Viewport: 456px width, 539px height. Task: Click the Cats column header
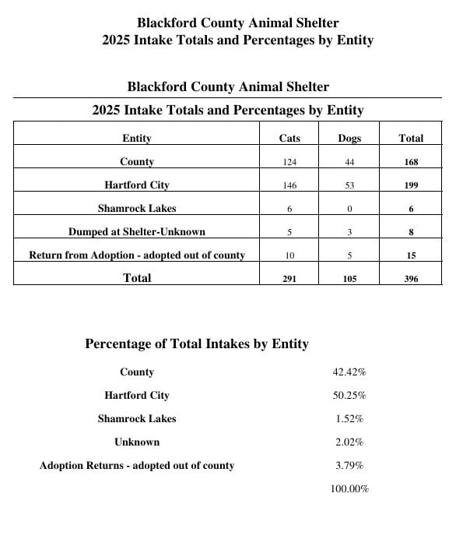click(289, 139)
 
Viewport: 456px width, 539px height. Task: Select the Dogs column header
click(349, 139)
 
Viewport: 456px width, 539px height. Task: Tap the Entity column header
click(137, 139)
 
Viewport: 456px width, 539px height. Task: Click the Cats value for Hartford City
click(289, 185)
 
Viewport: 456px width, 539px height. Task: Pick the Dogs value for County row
click(349, 162)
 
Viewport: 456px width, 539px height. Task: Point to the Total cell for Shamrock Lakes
click(411, 209)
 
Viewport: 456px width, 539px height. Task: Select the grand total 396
click(411, 279)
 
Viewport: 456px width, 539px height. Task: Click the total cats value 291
click(289, 279)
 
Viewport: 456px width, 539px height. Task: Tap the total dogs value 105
click(349, 279)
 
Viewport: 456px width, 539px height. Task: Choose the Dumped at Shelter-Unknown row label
click(137, 232)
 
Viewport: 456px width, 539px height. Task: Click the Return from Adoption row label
click(137, 255)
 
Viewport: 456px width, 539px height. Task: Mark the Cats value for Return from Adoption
click(289, 255)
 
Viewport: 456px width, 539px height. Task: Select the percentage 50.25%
click(349, 396)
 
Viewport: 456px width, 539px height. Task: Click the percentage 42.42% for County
click(349, 372)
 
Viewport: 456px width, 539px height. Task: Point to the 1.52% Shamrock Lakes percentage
click(349, 419)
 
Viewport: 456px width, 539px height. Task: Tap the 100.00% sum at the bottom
click(349, 489)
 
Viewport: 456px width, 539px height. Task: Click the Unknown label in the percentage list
click(137, 442)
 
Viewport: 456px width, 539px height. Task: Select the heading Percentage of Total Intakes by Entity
click(197, 344)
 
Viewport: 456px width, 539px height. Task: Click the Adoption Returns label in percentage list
click(137, 466)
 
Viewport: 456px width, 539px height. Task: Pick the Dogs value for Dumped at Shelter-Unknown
click(349, 232)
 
